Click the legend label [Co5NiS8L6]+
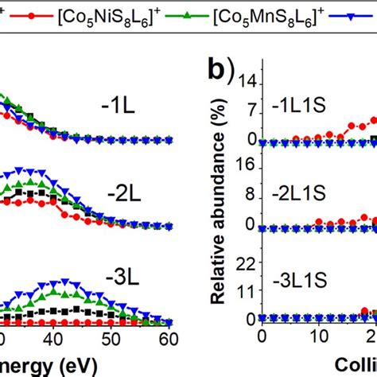(111, 15)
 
